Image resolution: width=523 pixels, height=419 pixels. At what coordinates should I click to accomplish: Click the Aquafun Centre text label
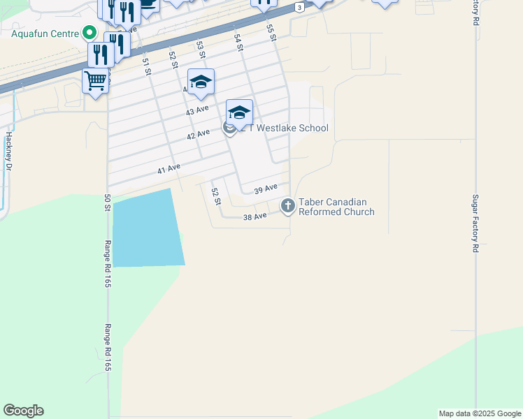tap(44, 33)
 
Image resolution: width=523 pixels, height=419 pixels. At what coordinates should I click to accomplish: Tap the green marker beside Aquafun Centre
tap(89, 33)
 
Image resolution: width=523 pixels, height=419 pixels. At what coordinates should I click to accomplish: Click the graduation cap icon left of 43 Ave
tap(201, 83)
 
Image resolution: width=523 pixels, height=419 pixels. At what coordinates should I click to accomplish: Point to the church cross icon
tap(287, 205)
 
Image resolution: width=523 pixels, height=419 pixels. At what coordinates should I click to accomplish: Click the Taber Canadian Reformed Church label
tap(336, 207)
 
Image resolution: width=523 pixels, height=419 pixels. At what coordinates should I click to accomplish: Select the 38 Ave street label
tap(255, 217)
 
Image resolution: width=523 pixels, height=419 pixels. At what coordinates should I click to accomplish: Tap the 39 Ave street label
tap(266, 189)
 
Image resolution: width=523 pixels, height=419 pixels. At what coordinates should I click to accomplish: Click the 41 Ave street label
tap(169, 168)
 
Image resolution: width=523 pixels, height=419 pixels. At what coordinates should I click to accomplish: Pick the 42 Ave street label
tap(198, 134)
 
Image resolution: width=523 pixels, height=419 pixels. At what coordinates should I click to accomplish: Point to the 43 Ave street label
tap(197, 110)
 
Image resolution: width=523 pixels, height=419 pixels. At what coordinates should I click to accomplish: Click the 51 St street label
tap(147, 66)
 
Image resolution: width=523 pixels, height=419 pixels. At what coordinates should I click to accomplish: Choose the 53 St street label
tap(201, 49)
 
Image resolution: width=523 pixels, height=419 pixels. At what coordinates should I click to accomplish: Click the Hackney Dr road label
tap(9, 151)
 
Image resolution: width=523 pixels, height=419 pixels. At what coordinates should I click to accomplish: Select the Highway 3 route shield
tap(299, 7)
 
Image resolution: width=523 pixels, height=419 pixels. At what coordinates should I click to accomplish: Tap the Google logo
tap(23, 411)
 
